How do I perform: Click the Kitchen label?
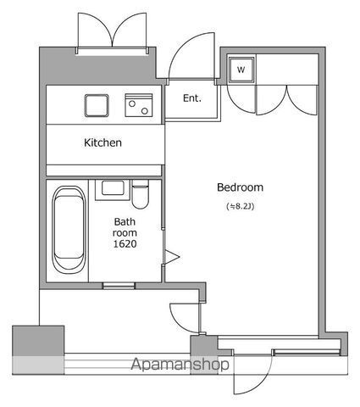tap(102, 142)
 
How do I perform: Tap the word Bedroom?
tap(240, 187)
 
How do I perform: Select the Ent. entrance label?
tap(192, 98)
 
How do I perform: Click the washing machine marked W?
tap(241, 70)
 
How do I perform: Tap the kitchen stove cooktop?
tap(138, 105)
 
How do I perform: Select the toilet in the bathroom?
tap(140, 192)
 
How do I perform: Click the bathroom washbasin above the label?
tap(111, 188)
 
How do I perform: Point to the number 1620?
tap(125, 244)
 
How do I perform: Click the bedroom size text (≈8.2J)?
tap(240, 206)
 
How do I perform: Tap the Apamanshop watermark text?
tap(180, 365)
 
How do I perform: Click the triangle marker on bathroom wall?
tap(171, 256)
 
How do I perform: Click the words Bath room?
tap(125, 226)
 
